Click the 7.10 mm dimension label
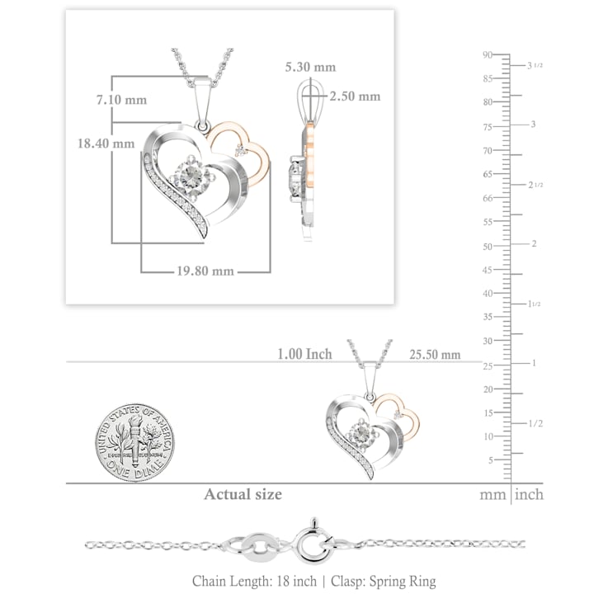pos(121,100)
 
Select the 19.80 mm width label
pos(205,271)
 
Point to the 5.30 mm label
pos(310,67)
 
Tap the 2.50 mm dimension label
pos(355,96)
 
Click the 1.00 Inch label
pos(304,354)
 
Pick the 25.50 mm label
pos(435,354)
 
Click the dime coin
pos(134,443)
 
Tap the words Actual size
pos(243,494)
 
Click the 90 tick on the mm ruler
pos(488,54)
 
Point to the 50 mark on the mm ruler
pos(488,247)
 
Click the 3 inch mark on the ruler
pos(533,125)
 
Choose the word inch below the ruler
pos(529,495)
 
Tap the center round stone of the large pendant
pos(191,174)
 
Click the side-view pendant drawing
pos(305,161)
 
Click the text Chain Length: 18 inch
pos(254,581)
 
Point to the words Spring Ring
pos(402,581)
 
